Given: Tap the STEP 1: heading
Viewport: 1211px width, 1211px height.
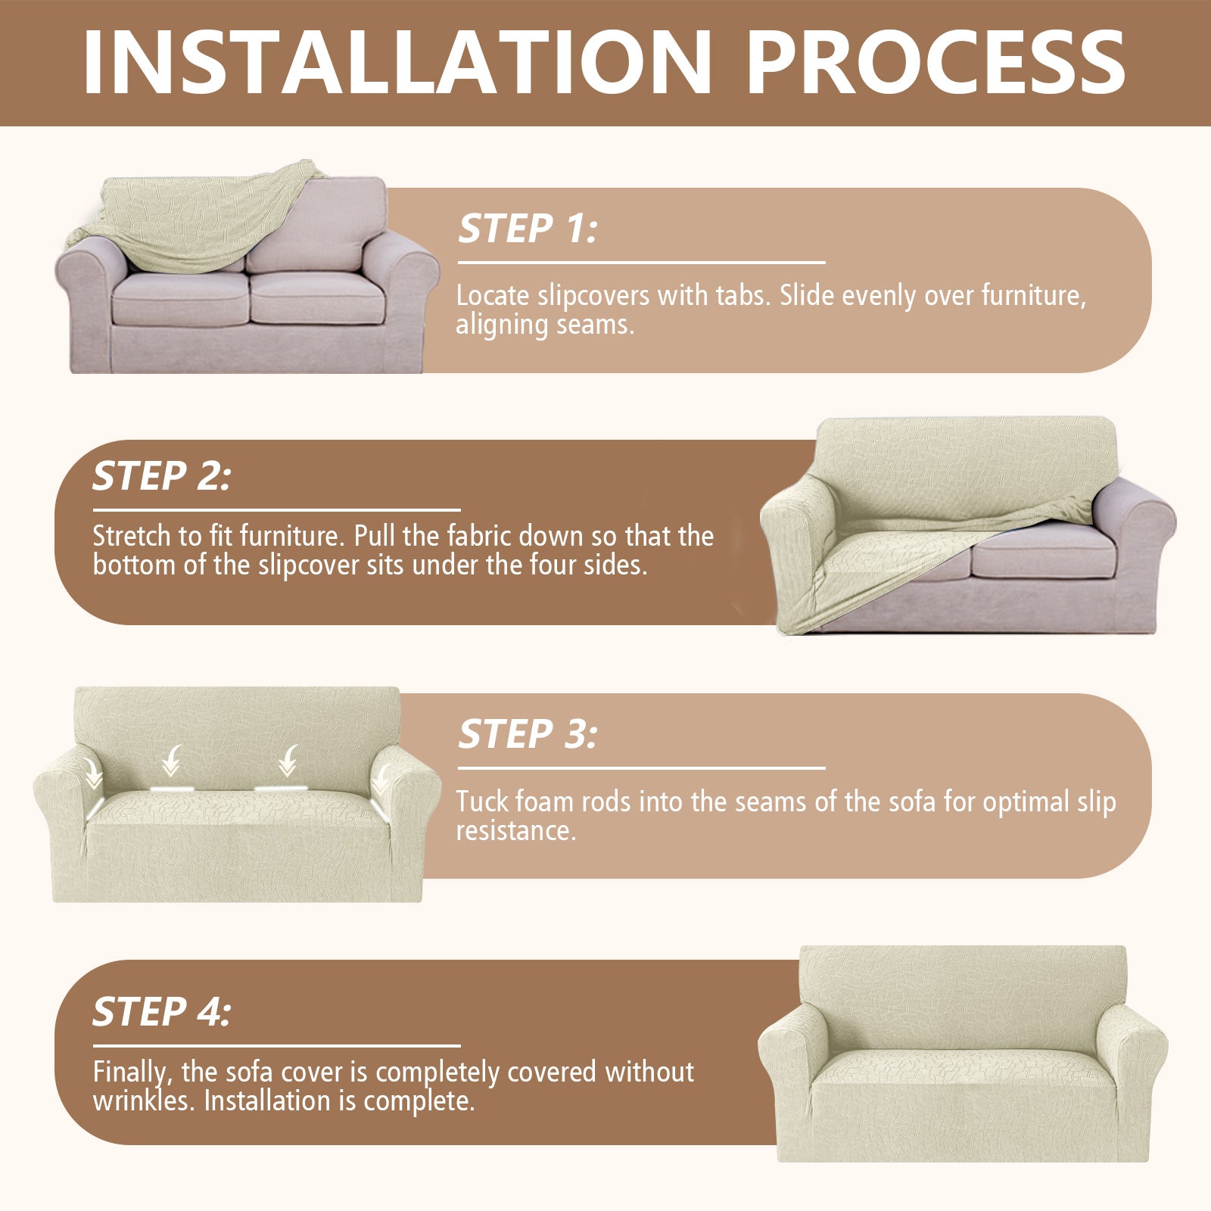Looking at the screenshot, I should pos(527,229).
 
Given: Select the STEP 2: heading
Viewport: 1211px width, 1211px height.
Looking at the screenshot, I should pos(161,476).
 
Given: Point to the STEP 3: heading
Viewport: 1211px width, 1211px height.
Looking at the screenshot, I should pos(527,734).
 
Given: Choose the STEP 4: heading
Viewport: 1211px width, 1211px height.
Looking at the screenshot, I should pos(161,1012).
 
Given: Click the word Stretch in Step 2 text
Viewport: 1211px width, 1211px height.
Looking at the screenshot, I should pos(132,536).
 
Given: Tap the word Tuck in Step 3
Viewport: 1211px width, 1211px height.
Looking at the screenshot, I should pos(481,802).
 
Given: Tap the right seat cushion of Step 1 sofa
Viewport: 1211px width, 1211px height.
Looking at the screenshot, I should pos(318,299).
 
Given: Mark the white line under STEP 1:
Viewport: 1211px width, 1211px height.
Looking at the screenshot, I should pos(641,263).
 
